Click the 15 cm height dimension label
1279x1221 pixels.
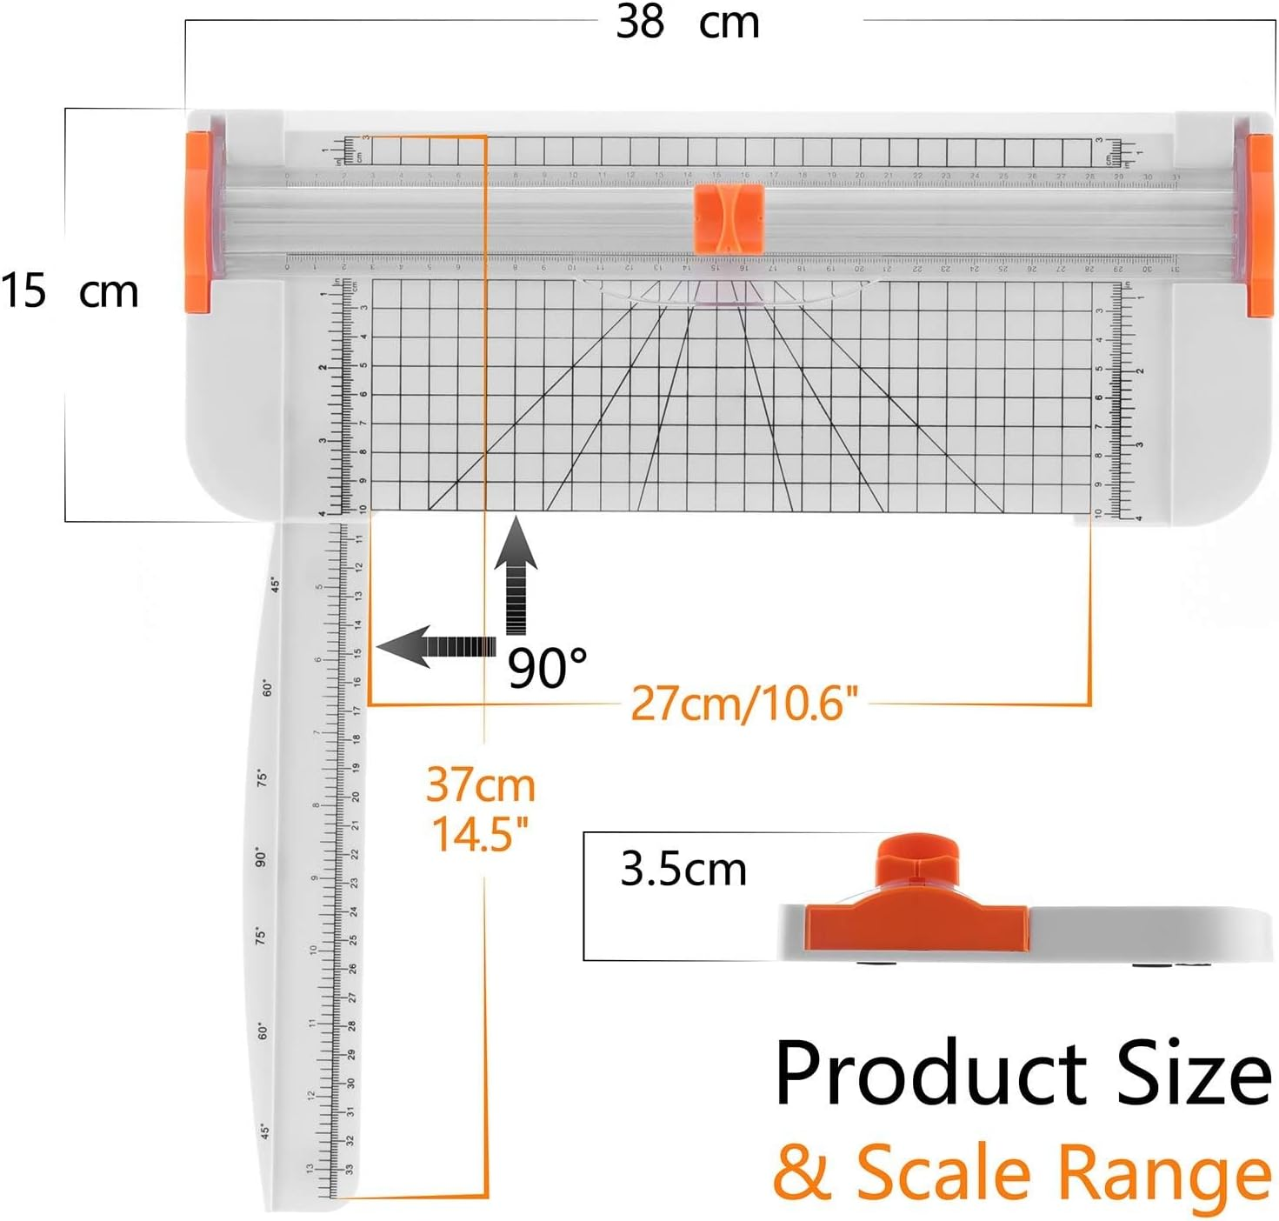pyautogui.click(x=70, y=291)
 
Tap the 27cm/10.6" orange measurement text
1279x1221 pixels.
pyautogui.click(x=743, y=703)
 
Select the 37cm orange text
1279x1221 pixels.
pyautogui.click(x=480, y=785)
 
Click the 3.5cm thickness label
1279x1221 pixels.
pyautogui.click(x=683, y=869)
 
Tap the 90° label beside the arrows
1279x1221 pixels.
pyautogui.click(x=547, y=668)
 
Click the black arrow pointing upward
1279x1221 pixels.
pyautogui.click(x=516, y=574)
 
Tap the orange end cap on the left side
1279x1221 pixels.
pyautogui.click(x=198, y=222)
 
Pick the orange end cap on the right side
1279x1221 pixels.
pyautogui.click(x=1260, y=224)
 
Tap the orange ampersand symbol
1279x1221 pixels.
pyautogui.click(x=802, y=1172)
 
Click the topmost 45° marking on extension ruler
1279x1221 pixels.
pyautogui.click(x=276, y=584)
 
